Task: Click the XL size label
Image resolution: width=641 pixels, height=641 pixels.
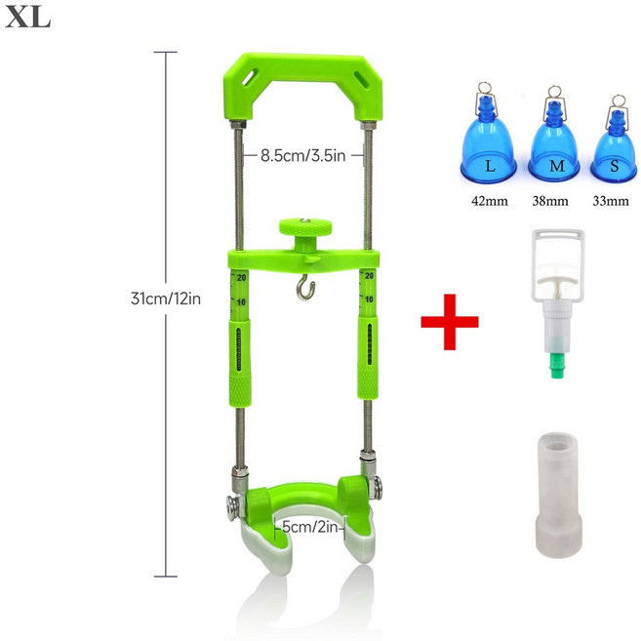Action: pyautogui.click(x=27, y=19)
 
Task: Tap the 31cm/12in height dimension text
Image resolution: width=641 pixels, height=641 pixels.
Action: pyautogui.click(x=166, y=299)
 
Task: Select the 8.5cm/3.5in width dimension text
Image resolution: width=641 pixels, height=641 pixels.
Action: pyautogui.click(x=302, y=156)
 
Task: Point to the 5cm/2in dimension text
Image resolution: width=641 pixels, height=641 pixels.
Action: pyautogui.click(x=310, y=527)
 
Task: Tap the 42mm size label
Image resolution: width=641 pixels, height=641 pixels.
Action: pyautogui.click(x=490, y=201)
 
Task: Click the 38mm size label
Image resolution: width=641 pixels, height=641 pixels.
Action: pyautogui.click(x=550, y=201)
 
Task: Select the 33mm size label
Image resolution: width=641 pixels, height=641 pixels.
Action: pyautogui.click(x=611, y=201)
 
